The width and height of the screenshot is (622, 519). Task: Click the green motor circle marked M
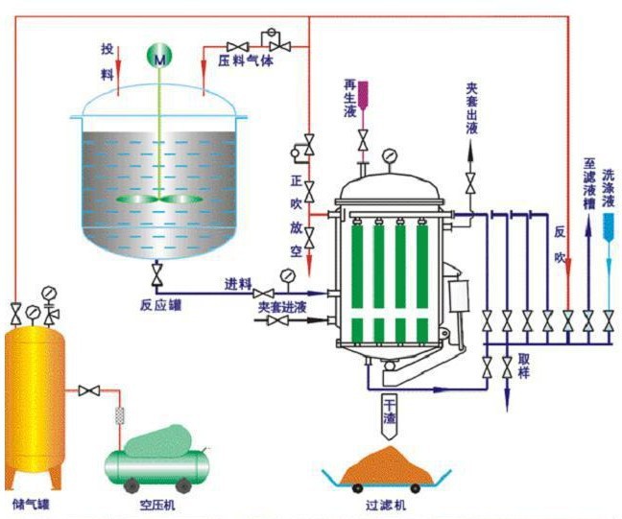[x=158, y=58]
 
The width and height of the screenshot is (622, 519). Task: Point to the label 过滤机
[x=387, y=503]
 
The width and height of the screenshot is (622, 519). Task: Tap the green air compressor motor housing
[x=158, y=439]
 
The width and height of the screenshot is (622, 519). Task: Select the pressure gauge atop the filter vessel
[x=389, y=156]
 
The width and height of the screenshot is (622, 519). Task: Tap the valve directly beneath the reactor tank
[x=157, y=277]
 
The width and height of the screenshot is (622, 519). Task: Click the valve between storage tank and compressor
[x=91, y=390]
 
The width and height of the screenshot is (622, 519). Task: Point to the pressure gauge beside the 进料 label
[x=287, y=275]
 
